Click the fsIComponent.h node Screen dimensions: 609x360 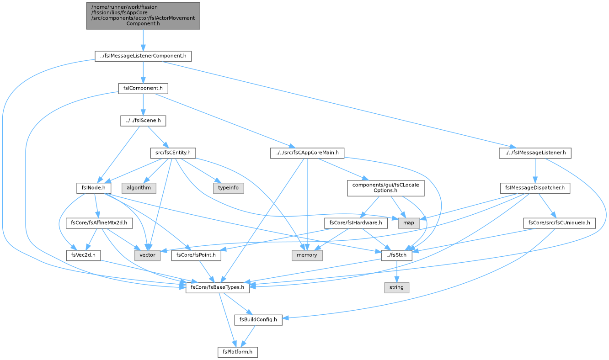pyautogui.click(x=143, y=89)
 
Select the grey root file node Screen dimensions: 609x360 pyautogui.click(x=143, y=16)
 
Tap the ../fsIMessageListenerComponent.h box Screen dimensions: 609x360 pyautogui.click(x=143, y=56)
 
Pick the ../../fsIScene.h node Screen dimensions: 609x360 pyautogui.click(x=143, y=121)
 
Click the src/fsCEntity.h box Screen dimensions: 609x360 pyautogui.click(x=173, y=153)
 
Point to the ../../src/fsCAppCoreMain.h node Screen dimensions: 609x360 pyautogui.click(x=307, y=153)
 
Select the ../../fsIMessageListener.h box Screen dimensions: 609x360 pyautogui.click(x=535, y=153)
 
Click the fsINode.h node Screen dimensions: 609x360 pyautogui.click(x=94, y=188)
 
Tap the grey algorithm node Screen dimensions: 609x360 pyautogui.click(x=139, y=188)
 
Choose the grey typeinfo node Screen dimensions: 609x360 pyautogui.click(x=229, y=188)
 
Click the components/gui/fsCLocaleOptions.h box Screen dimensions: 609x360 pyautogui.click(x=385, y=188)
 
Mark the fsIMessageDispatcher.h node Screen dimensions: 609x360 pyautogui.click(x=535, y=188)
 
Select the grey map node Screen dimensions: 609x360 pyautogui.click(x=409, y=223)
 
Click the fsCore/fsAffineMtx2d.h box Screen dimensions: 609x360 pyautogui.click(x=99, y=223)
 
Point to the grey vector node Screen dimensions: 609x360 pyautogui.click(x=147, y=255)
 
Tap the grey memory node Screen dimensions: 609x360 pyautogui.click(x=307, y=255)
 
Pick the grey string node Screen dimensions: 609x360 pyautogui.click(x=397, y=288)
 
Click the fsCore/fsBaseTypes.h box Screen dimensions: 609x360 pyautogui.click(x=218, y=288)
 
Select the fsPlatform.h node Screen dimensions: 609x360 pyautogui.click(x=238, y=352)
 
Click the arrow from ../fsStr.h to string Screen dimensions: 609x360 pyautogui.click(x=397, y=272)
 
